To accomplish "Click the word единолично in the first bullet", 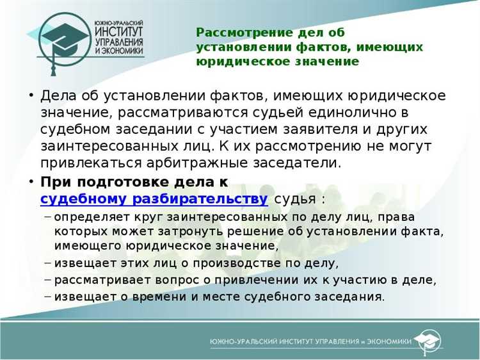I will click(374, 113).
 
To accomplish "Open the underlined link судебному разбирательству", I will click(154, 198).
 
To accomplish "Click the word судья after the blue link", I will click(296, 198).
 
